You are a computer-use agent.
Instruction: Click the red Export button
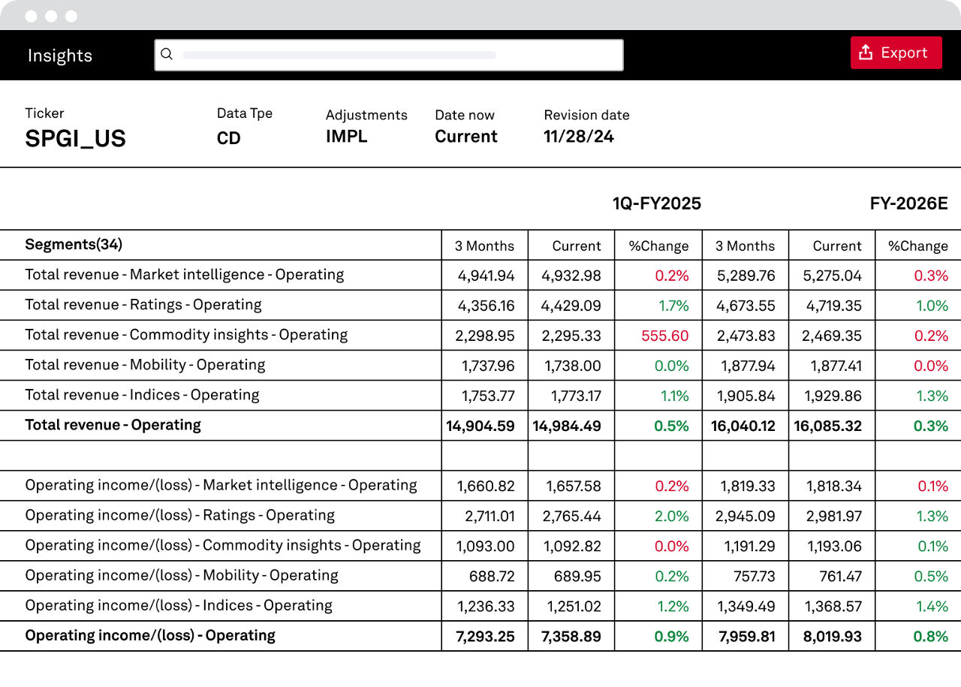coord(896,53)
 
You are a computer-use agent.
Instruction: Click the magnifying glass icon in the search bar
coord(167,54)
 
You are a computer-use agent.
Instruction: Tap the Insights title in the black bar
coord(60,56)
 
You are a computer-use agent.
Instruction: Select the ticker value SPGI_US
coord(76,139)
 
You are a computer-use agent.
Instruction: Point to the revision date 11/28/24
coord(579,137)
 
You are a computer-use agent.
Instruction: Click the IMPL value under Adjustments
coord(347,137)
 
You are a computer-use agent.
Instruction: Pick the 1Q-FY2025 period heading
coord(657,203)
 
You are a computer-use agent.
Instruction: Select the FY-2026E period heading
coord(908,203)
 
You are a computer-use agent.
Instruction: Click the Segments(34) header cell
coord(74,244)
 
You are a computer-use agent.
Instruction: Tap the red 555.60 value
coord(665,336)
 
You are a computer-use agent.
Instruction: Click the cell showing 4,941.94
coord(486,276)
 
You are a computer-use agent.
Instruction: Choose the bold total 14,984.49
coord(567,426)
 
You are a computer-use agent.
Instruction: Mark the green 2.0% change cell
coord(671,516)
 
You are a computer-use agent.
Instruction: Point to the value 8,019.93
coord(833,636)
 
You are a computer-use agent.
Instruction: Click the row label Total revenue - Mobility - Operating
coord(145,365)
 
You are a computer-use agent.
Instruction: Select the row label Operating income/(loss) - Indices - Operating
coord(179,605)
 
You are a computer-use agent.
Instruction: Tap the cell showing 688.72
coord(492,576)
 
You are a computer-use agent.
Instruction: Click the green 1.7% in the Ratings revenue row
coord(673,306)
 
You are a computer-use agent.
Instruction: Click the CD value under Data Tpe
coord(229,138)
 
